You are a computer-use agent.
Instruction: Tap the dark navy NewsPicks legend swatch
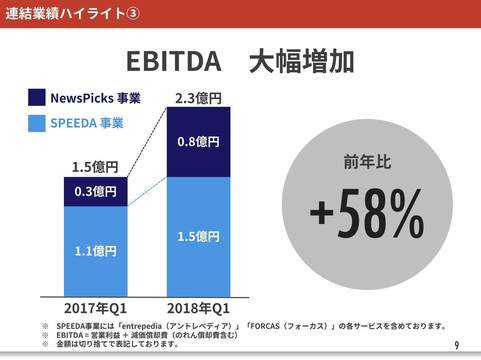[36, 98]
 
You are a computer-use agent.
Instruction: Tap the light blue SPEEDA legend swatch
[36, 124]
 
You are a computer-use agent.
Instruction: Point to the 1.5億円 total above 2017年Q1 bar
[96, 167]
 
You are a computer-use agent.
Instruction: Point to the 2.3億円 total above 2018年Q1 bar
[198, 98]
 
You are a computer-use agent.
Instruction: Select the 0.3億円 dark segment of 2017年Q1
[96, 191]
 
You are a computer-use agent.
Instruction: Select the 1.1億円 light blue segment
[96, 250]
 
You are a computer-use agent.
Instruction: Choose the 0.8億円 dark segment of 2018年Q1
[198, 142]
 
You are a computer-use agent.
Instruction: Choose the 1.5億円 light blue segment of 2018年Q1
[198, 236]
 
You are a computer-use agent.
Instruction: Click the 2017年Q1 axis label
[96, 307]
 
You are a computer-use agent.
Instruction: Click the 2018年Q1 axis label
[198, 307]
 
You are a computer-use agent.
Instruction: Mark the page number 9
[456, 346]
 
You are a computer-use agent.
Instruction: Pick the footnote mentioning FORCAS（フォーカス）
[240, 326]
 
